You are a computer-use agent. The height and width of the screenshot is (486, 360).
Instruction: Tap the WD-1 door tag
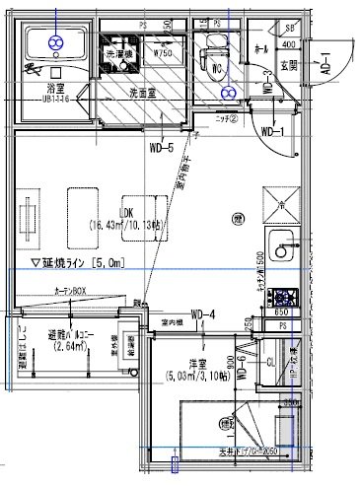[x=271, y=131]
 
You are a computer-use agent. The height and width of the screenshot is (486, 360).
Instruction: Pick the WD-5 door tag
[x=162, y=149]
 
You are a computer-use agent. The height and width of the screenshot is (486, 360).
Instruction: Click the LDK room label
[x=125, y=212]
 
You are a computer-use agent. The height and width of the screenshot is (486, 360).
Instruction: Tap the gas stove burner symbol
[x=285, y=296]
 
